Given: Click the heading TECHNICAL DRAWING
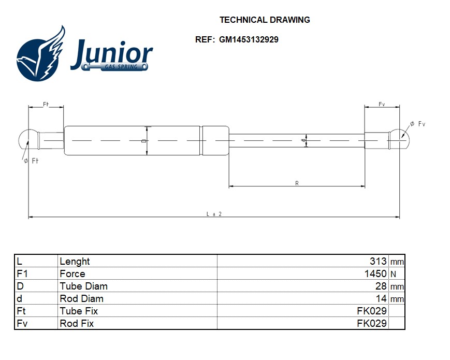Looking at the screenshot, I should coord(265,20).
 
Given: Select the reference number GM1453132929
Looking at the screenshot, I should coord(248,39).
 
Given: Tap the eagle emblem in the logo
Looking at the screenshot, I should coord(41,54).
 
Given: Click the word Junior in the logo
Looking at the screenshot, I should coord(111,54).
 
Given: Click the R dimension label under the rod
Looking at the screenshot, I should coord(297,183).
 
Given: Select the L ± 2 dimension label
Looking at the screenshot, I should coord(214,213).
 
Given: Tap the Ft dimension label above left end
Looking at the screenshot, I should coord(46,104).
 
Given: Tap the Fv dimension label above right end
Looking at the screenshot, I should coord(382,105).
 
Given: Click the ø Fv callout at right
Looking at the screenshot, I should coord(417,124).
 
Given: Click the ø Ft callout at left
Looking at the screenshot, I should coord(31,161).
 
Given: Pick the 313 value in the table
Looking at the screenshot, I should coord(378,262).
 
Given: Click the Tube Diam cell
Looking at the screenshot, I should coord(84,286).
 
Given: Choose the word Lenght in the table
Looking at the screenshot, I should coord(75,262).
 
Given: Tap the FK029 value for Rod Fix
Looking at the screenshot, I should coord(372,324).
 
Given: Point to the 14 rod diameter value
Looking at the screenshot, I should coord(381,299).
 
